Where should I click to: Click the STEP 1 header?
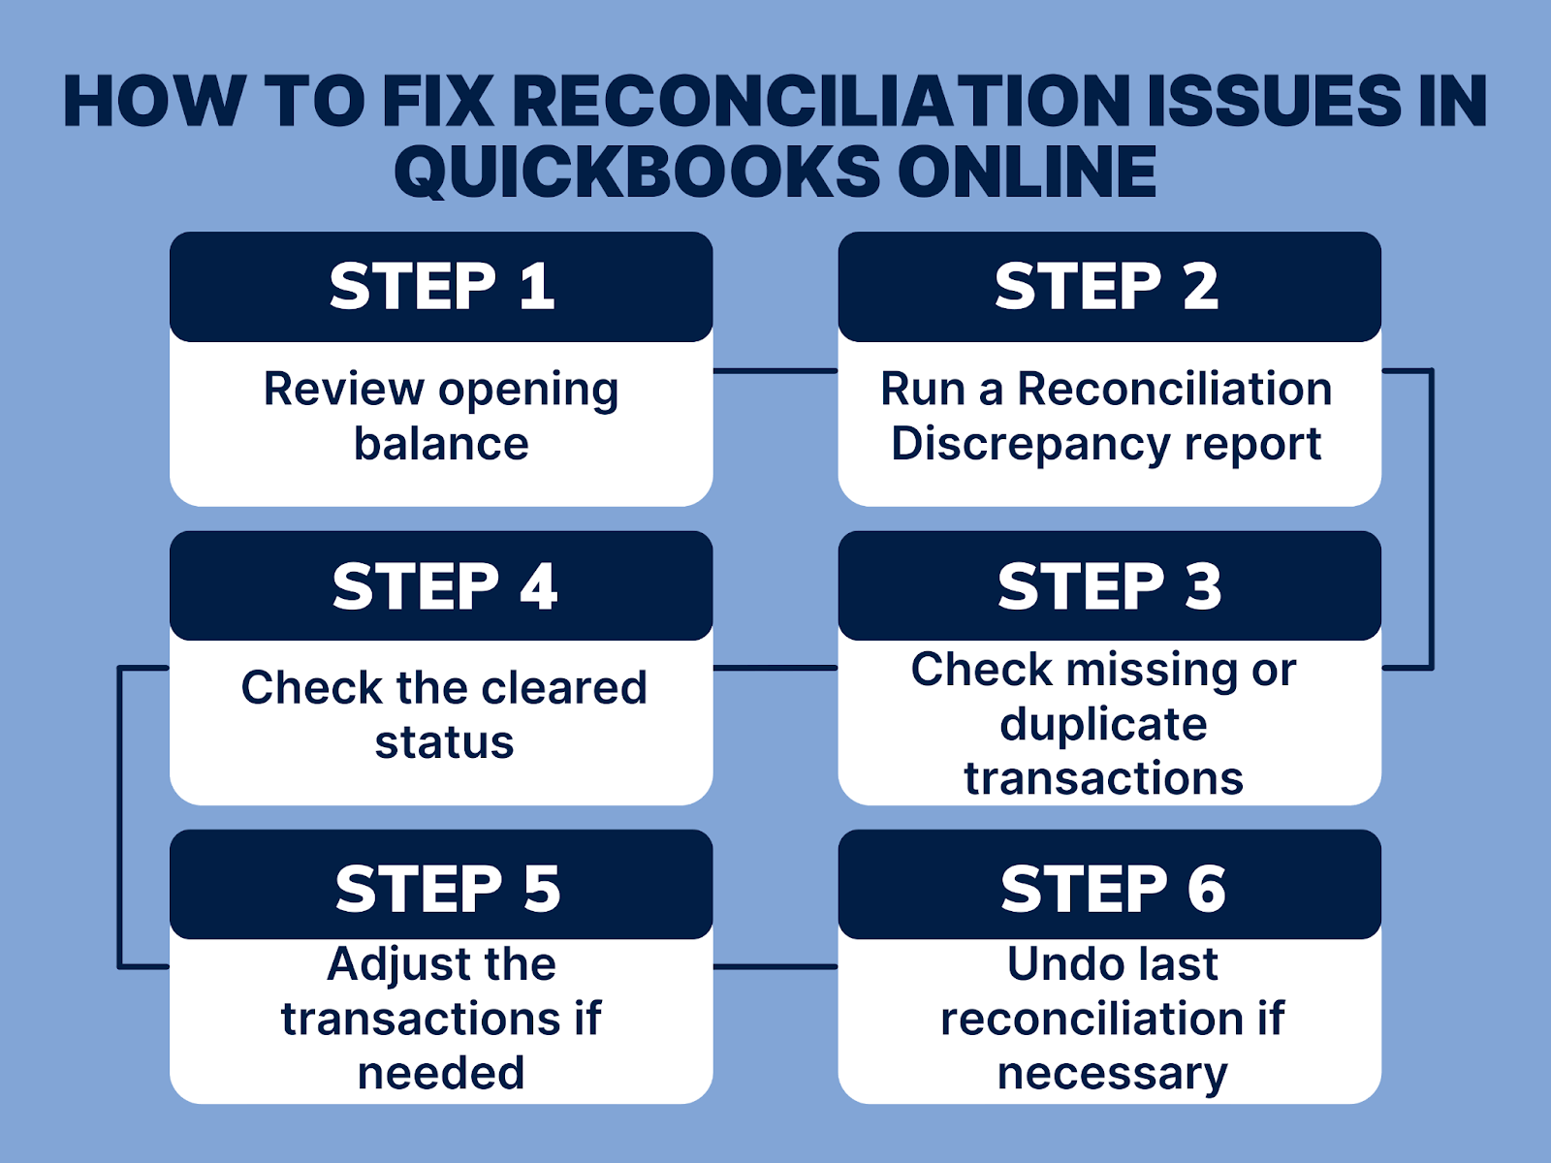coord(441,287)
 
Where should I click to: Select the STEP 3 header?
coord(1110,586)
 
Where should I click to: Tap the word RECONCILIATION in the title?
coord(820,101)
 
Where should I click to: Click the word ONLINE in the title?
coord(1027,172)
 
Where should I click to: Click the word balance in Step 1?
coord(441,444)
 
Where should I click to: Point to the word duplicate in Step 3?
coord(1103,724)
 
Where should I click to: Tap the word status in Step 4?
coord(444,742)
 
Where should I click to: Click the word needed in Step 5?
coord(441,1073)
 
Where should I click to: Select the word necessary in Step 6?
coord(1112,1073)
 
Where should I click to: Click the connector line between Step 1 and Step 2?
coord(775,370)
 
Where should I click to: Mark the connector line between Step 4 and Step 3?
coord(775,668)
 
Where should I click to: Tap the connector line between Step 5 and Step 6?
coord(775,966)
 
